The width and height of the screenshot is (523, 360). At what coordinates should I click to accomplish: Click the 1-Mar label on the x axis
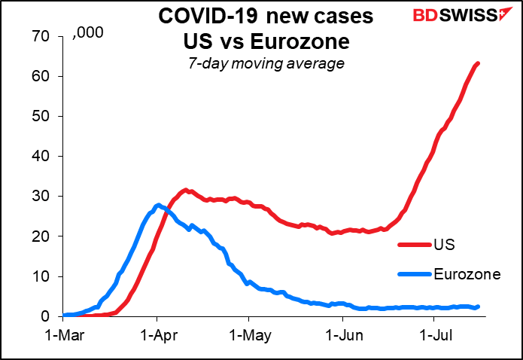coord(64,333)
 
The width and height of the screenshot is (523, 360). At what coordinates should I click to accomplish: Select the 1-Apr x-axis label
coord(157,333)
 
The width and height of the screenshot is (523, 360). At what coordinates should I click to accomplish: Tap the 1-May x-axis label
coord(248,333)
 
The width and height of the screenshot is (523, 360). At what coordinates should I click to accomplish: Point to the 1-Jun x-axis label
coord(341,333)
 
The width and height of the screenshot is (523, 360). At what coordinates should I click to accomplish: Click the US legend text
coord(445,245)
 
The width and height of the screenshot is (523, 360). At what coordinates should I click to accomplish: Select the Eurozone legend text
coord(467,274)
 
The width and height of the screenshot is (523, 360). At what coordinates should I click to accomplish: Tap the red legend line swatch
coord(415,245)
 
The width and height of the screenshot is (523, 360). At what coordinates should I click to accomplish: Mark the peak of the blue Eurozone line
coord(157,205)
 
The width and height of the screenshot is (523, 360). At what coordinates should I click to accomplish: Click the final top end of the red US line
coord(479,63)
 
